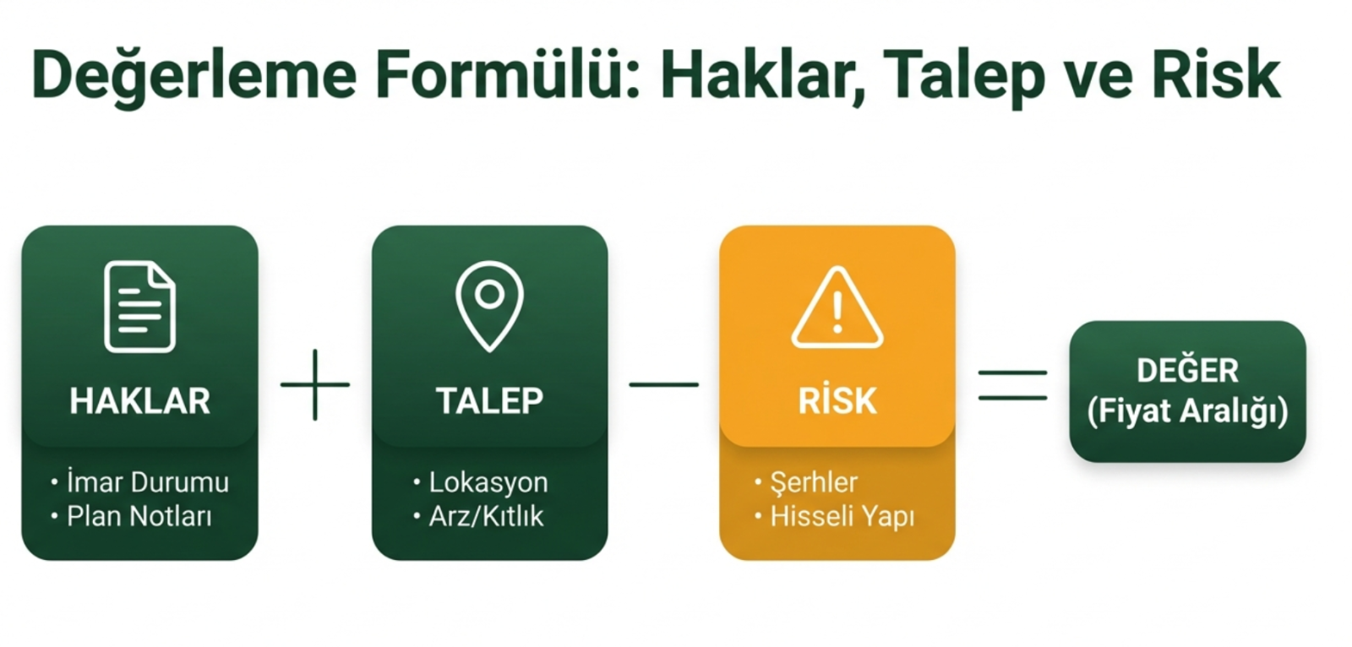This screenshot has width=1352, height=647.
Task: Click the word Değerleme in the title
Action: coord(194,76)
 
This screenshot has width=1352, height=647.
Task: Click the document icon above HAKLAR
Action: coord(140,307)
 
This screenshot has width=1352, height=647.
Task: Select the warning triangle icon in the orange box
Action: coord(837,307)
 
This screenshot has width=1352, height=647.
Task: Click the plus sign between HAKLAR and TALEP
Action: coord(315,384)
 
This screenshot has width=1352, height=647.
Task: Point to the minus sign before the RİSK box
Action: coord(664,384)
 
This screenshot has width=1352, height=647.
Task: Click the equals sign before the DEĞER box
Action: coord(1013,385)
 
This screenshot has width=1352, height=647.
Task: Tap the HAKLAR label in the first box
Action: coord(140,400)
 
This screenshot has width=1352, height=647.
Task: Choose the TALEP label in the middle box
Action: coord(489,400)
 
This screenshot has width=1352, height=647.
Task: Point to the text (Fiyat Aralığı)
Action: coord(1188,411)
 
